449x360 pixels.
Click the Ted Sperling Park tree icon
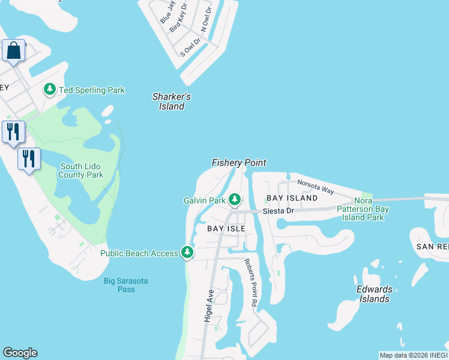pos(50,90)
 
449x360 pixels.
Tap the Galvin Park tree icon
pos(235,199)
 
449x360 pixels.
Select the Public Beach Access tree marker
pos(187,253)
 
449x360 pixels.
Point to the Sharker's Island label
pos(172,101)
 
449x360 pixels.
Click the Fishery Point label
pos(239,163)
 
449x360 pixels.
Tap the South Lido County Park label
pos(81,170)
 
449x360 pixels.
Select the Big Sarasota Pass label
pos(126,285)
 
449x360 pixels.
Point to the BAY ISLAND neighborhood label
pos(292,198)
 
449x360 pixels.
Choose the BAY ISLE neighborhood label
pos(226,229)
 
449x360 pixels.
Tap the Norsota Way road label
pos(316,187)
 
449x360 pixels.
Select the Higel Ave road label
pos(209,306)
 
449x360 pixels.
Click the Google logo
pos(20,353)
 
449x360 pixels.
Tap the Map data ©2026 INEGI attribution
pos(414,355)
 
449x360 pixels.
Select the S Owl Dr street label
pos(190,47)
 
